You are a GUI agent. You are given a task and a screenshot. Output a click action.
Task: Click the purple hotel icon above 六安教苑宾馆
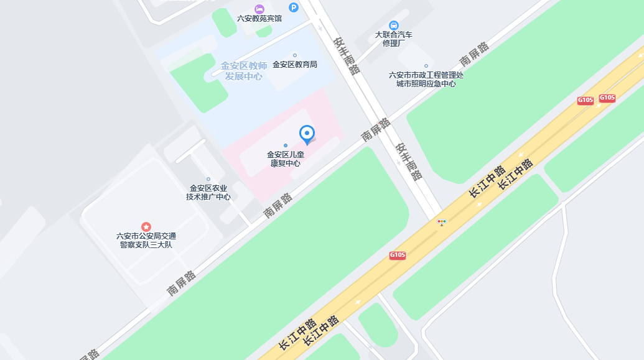[259, 9]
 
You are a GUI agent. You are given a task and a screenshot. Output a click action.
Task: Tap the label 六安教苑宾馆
[259, 19]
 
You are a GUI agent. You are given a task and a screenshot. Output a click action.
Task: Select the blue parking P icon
[294, 7]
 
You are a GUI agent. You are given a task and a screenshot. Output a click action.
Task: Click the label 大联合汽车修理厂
[394, 39]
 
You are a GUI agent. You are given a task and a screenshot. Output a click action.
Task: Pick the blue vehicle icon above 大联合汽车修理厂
[394, 25]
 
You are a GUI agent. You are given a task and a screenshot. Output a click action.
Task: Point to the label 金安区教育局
[295, 64]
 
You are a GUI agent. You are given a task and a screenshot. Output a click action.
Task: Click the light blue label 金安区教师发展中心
[244, 71]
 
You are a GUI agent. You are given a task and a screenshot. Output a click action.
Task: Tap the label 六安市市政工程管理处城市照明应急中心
[426, 80]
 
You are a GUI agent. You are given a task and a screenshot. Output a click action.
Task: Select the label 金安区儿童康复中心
[285, 159]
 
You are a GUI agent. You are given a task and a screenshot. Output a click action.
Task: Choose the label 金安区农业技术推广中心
[208, 193]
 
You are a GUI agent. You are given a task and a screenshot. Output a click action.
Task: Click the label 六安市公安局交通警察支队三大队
[146, 240]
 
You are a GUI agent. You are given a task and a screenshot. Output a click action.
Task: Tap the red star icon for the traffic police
[146, 226]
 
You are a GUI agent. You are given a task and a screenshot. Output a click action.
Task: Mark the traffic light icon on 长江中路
[442, 221]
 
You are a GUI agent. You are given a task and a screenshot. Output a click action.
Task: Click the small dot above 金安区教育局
[295, 55]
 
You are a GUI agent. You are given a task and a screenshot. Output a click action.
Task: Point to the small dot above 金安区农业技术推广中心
[208, 179]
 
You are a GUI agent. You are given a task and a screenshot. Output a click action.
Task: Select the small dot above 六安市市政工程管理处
[426, 66]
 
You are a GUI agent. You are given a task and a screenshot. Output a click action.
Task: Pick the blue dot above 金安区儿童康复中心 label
[286, 145]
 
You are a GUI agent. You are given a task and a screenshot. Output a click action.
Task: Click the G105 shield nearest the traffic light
[398, 255]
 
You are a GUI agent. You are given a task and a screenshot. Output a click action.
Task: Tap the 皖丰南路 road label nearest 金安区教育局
[347, 55]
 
